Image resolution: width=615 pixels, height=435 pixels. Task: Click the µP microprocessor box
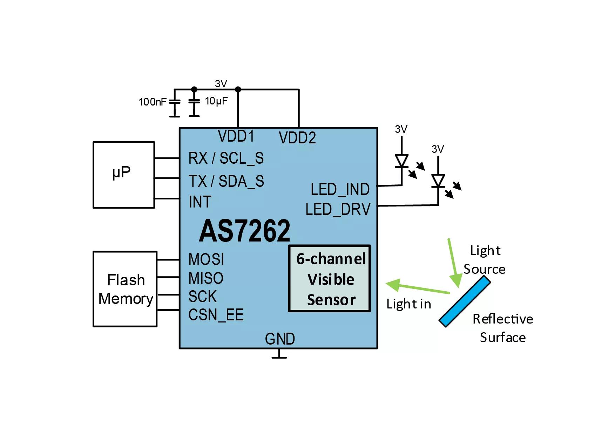coord(123,175)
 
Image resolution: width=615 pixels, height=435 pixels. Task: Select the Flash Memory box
coord(125,289)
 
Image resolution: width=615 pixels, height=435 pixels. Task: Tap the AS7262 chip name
coord(244,231)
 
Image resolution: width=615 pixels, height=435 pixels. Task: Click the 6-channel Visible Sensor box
coord(330,279)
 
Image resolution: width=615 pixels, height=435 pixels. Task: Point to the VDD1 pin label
coord(236,136)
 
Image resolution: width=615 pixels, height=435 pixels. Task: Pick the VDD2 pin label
coord(297,138)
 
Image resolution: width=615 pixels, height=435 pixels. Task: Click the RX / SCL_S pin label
coord(226,158)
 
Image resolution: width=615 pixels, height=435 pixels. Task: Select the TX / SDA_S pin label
coord(226,181)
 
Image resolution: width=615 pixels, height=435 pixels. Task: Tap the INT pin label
coord(200,202)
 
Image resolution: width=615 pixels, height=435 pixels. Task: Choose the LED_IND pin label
coord(340,190)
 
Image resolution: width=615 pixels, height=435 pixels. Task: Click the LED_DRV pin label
coord(338,209)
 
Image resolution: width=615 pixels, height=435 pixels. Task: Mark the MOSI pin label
coord(206,260)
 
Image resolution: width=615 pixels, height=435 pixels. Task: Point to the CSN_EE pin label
coord(216,315)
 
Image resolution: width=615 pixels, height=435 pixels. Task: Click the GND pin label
coord(280,339)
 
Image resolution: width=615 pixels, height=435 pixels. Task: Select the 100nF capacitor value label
coord(153,102)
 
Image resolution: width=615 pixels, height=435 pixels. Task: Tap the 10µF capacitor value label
coord(216,101)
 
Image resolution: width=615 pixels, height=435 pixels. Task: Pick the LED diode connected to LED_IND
coord(401,161)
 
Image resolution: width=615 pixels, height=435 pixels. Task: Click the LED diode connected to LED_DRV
coord(438,181)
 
